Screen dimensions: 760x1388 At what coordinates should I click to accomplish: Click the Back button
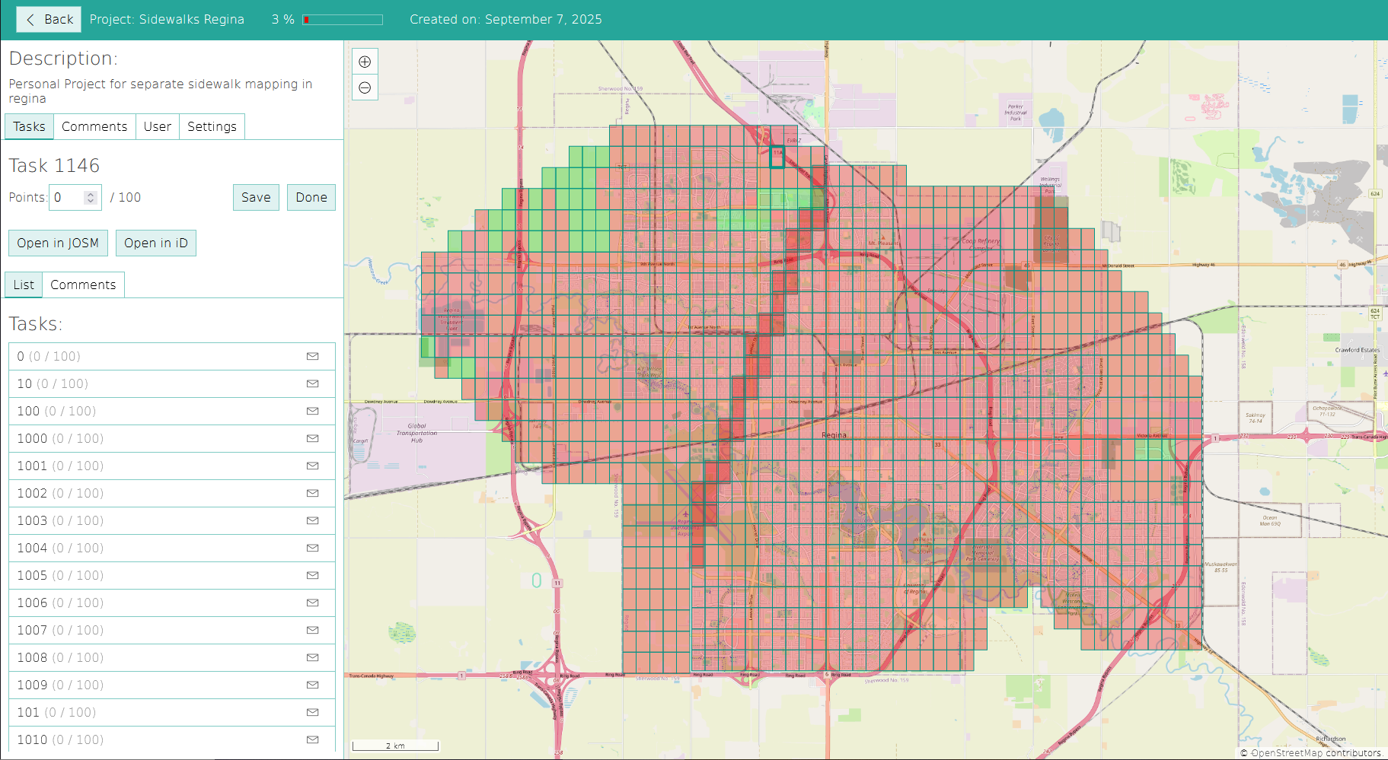(49, 20)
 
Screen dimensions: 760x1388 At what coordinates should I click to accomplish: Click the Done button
(311, 198)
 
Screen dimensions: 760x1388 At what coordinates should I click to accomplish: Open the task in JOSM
(58, 243)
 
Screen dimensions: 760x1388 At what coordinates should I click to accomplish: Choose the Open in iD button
(155, 243)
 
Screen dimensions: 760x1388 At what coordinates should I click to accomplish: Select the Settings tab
(212, 127)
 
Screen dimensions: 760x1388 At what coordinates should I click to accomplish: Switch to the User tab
(157, 127)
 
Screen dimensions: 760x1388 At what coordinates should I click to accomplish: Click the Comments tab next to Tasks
(94, 127)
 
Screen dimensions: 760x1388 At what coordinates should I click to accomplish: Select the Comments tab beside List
(83, 285)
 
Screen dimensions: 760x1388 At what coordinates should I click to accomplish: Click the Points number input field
(69, 198)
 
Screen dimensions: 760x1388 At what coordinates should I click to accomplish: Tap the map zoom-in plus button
(365, 62)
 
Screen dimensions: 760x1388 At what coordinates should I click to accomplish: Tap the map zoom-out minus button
(365, 87)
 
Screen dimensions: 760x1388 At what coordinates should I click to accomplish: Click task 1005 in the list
(61, 576)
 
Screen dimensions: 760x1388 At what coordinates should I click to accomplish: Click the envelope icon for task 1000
(312, 439)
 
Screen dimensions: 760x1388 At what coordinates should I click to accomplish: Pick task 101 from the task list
(57, 713)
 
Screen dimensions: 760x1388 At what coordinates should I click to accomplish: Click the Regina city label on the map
(834, 436)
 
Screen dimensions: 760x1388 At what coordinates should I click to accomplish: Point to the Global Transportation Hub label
(416, 433)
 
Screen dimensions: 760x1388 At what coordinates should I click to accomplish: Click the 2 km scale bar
(394, 746)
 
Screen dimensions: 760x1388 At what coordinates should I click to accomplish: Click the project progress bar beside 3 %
(343, 20)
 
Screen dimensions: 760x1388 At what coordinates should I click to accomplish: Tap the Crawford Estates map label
(1357, 350)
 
